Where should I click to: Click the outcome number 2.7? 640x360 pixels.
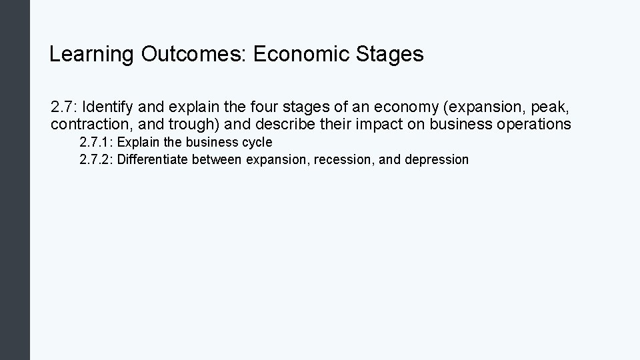(64, 107)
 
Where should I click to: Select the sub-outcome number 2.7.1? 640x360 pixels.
(96, 143)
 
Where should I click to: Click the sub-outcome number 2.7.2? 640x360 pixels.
(96, 160)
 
